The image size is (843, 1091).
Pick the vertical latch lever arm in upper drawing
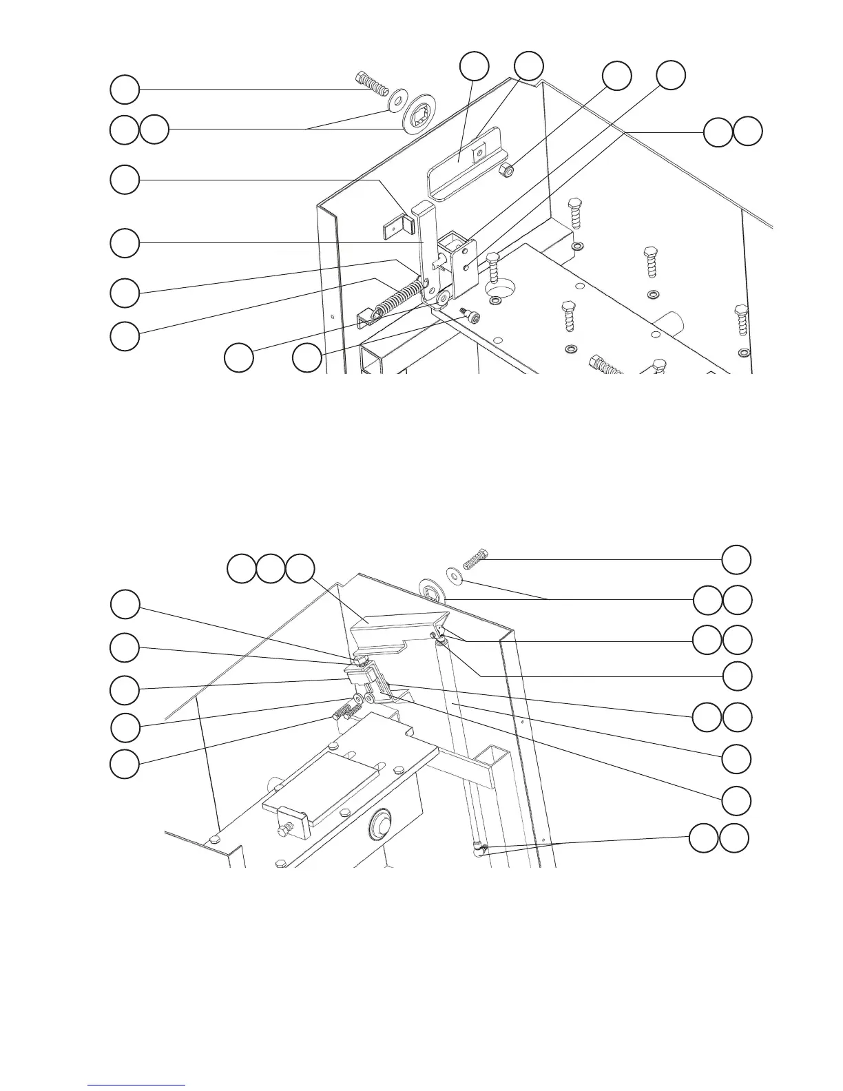pyautogui.click(x=424, y=241)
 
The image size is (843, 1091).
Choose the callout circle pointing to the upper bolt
pyautogui.click(x=125, y=90)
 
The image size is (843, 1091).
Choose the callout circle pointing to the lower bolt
pyautogui.click(x=736, y=559)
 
